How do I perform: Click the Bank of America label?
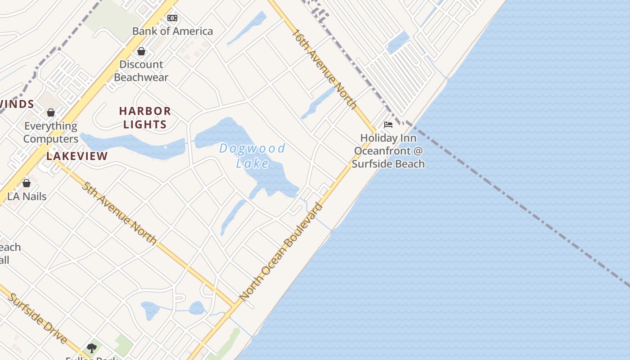(x=172, y=31)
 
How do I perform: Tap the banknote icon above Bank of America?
(x=172, y=18)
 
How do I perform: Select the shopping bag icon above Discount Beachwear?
(x=141, y=51)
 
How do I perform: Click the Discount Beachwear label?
(x=141, y=71)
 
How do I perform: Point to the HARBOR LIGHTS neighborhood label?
(x=145, y=117)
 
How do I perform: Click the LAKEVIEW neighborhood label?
(x=77, y=156)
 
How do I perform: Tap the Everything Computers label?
(x=51, y=132)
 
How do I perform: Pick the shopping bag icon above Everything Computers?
(x=51, y=112)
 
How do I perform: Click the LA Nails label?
(x=27, y=196)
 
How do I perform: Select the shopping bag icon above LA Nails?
(x=27, y=183)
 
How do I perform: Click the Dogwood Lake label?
(x=252, y=155)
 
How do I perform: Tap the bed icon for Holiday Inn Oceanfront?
(x=388, y=125)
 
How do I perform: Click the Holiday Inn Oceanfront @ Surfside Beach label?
(x=388, y=151)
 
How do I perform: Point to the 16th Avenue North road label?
(x=324, y=69)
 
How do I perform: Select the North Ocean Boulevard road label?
(x=281, y=252)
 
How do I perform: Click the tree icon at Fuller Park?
(x=92, y=348)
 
